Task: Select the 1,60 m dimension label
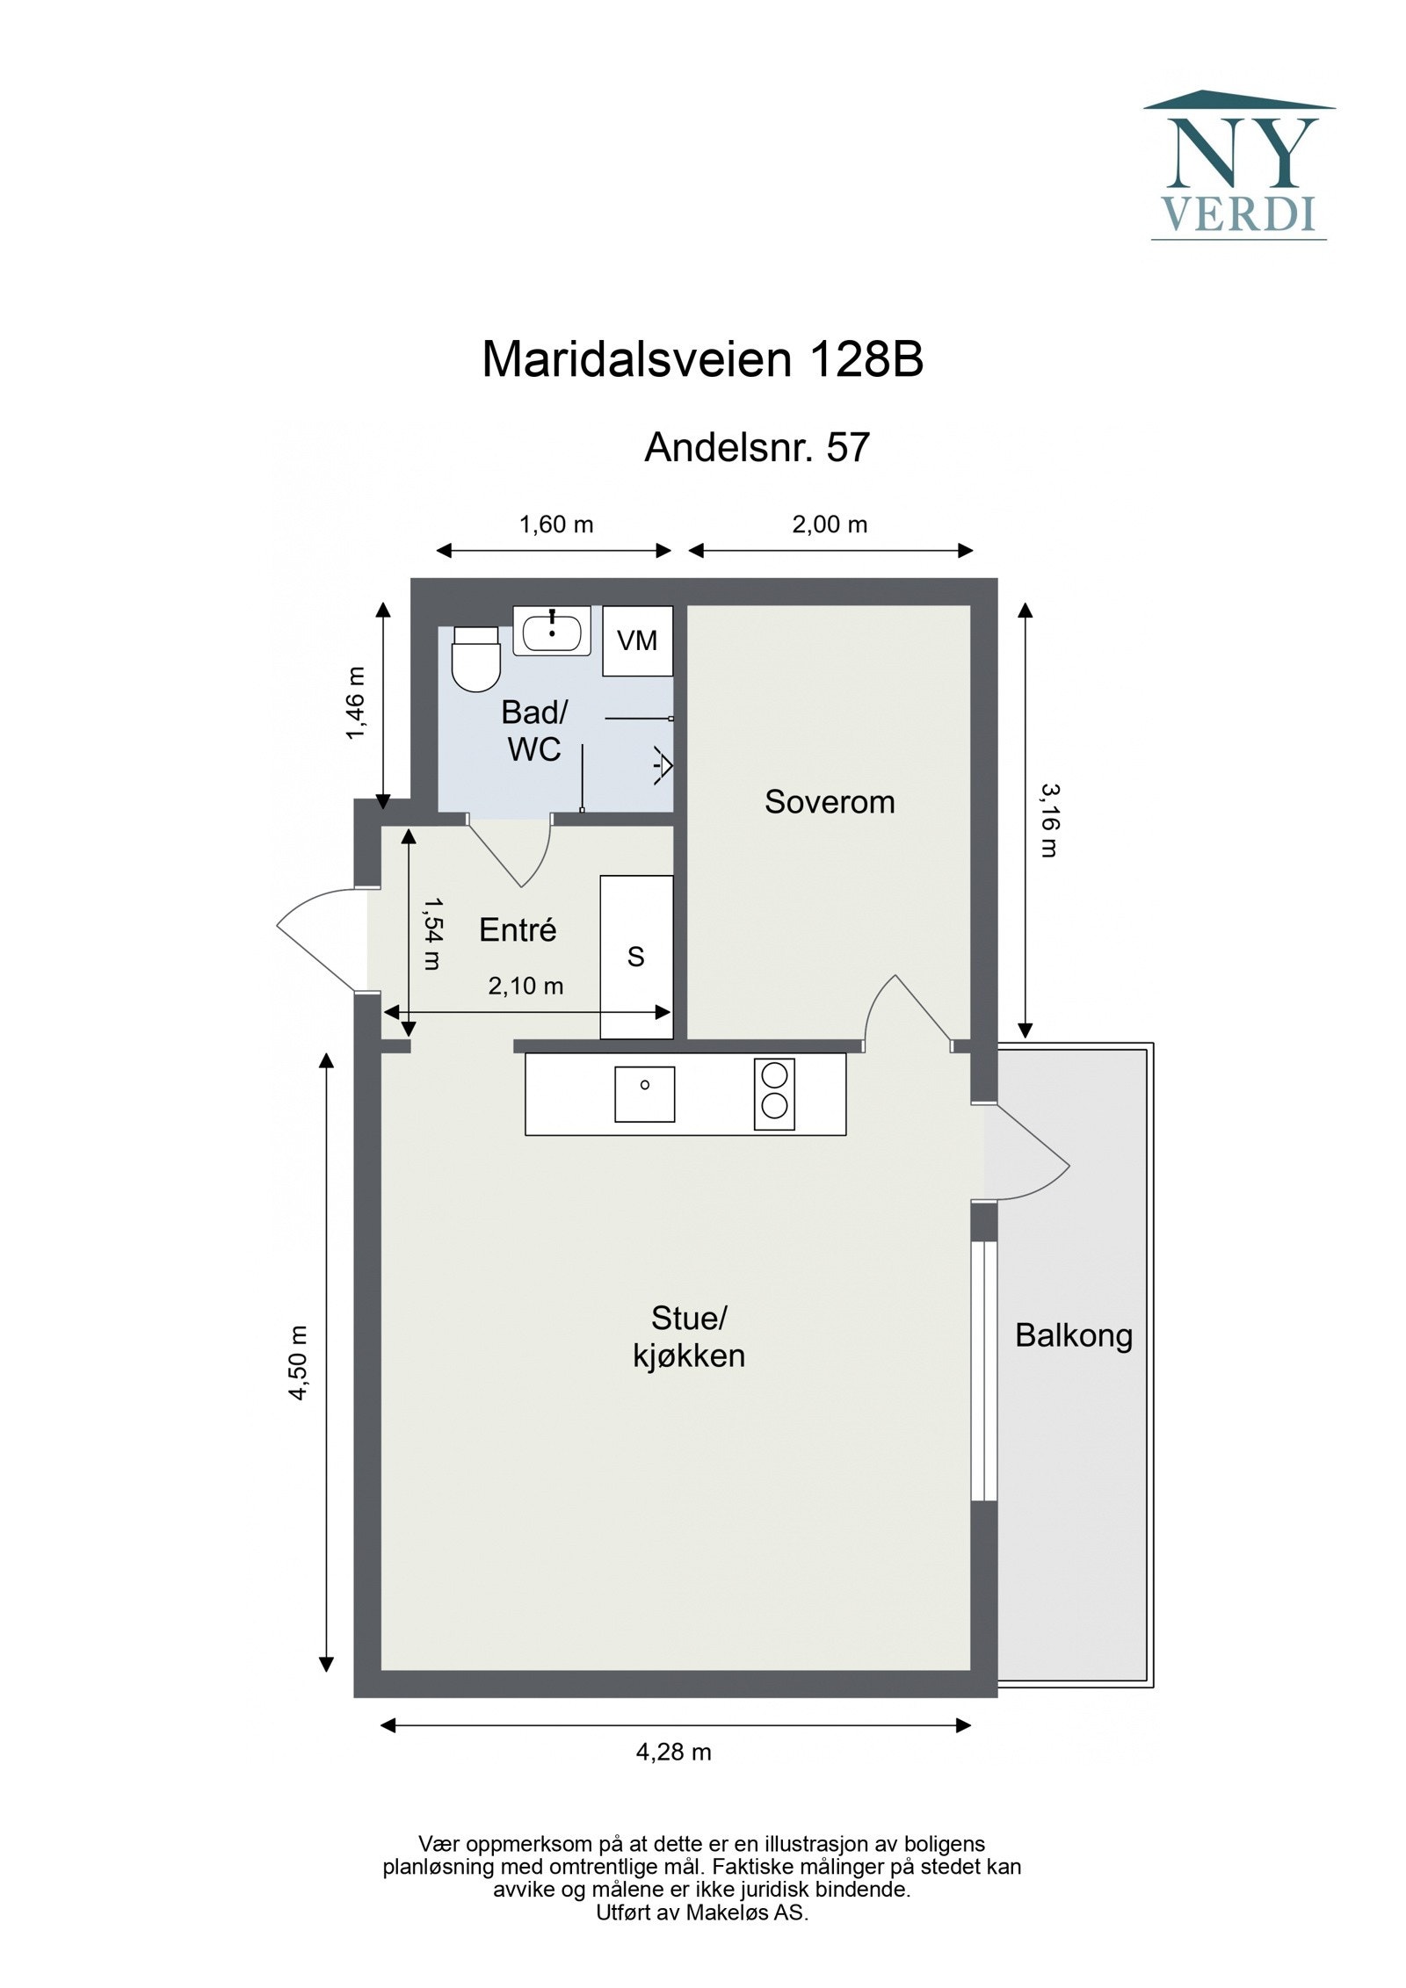click(x=556, y=525)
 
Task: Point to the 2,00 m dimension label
click(x=830, y=525)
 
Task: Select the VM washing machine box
click(x=637, y=641)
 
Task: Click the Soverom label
click(x=830, y=802)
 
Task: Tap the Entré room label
click(x=518, y=930)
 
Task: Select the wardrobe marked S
click(x=636, y=957)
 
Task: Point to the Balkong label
click(x=1073, y=1336)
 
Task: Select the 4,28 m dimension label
click(x=673, y=1753)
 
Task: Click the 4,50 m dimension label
click(x=299, y=1363)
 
